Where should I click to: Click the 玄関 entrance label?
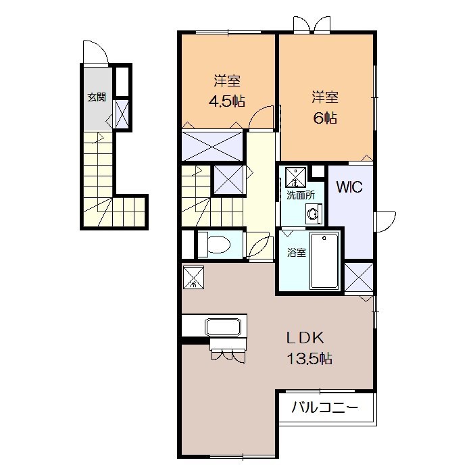point(97,97)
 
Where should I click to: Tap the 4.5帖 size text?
point(227,101)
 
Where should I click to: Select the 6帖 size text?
point(325,118)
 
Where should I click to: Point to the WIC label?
point(349,187)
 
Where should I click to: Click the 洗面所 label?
point(301,195)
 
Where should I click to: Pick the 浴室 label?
point(297,252)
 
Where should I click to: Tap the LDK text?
point(305,338)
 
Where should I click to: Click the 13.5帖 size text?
point(309,358)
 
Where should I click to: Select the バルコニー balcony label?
point(325,407)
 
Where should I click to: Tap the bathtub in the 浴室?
point(324,261)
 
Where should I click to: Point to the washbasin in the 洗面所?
point(314,214)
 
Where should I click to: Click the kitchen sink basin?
point(223,326)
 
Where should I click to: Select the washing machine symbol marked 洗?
point(296,176)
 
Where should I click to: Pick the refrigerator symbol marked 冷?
point(193,278)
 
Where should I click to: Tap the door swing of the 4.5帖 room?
point(262,118)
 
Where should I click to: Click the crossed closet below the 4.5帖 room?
point(212,146)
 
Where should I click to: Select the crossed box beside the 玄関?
point(122,113)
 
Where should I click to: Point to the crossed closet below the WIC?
point(359,277)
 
